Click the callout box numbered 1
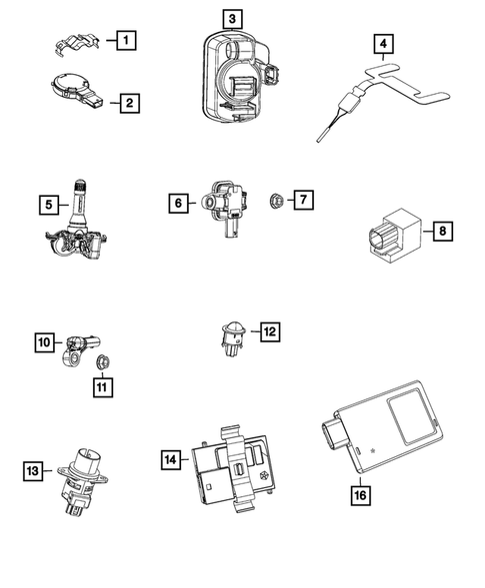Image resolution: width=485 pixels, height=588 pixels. coord(125,41)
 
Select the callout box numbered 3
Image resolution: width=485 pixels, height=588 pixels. coord(232,18)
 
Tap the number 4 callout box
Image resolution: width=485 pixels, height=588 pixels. coord(384,44)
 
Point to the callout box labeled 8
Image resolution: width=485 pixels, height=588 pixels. coord(443,232)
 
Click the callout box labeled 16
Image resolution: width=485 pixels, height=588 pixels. coord(360,492)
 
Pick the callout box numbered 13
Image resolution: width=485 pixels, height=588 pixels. coord(32,469)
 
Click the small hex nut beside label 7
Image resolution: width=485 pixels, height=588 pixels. coord(274,202)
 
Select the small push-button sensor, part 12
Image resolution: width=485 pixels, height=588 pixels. coord(231,334)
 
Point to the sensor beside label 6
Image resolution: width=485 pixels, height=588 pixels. coord(226,204)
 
